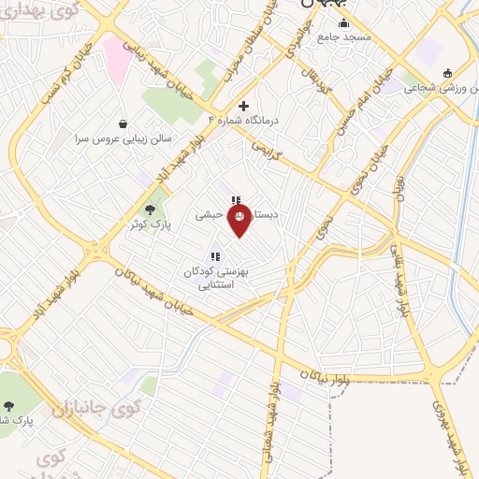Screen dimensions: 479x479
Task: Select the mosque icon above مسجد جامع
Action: pos(343,23)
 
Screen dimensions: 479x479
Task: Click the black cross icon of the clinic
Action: pos(244,106)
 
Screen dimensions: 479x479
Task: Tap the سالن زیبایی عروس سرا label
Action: pos(121,137)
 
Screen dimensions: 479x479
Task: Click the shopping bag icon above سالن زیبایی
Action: pos(123,123)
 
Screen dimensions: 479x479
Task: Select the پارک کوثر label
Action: pos(149,225)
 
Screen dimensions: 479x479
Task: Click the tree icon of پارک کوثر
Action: pos(150,210)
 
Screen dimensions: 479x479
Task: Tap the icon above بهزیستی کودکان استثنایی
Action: pos(215,255)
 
